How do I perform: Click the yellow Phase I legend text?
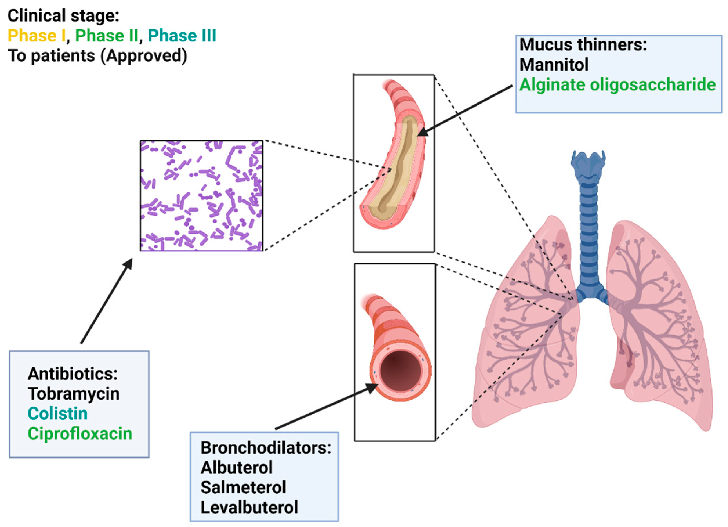click(36, 36)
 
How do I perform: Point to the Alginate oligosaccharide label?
click(617, 85)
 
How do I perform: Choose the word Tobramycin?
click(73, 394)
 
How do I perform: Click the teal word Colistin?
click(57, 414)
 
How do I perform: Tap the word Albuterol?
click(237, 467)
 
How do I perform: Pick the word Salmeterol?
click(243, 487)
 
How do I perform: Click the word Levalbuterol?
click(249, 507)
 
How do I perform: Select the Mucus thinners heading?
click(583, 44)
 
